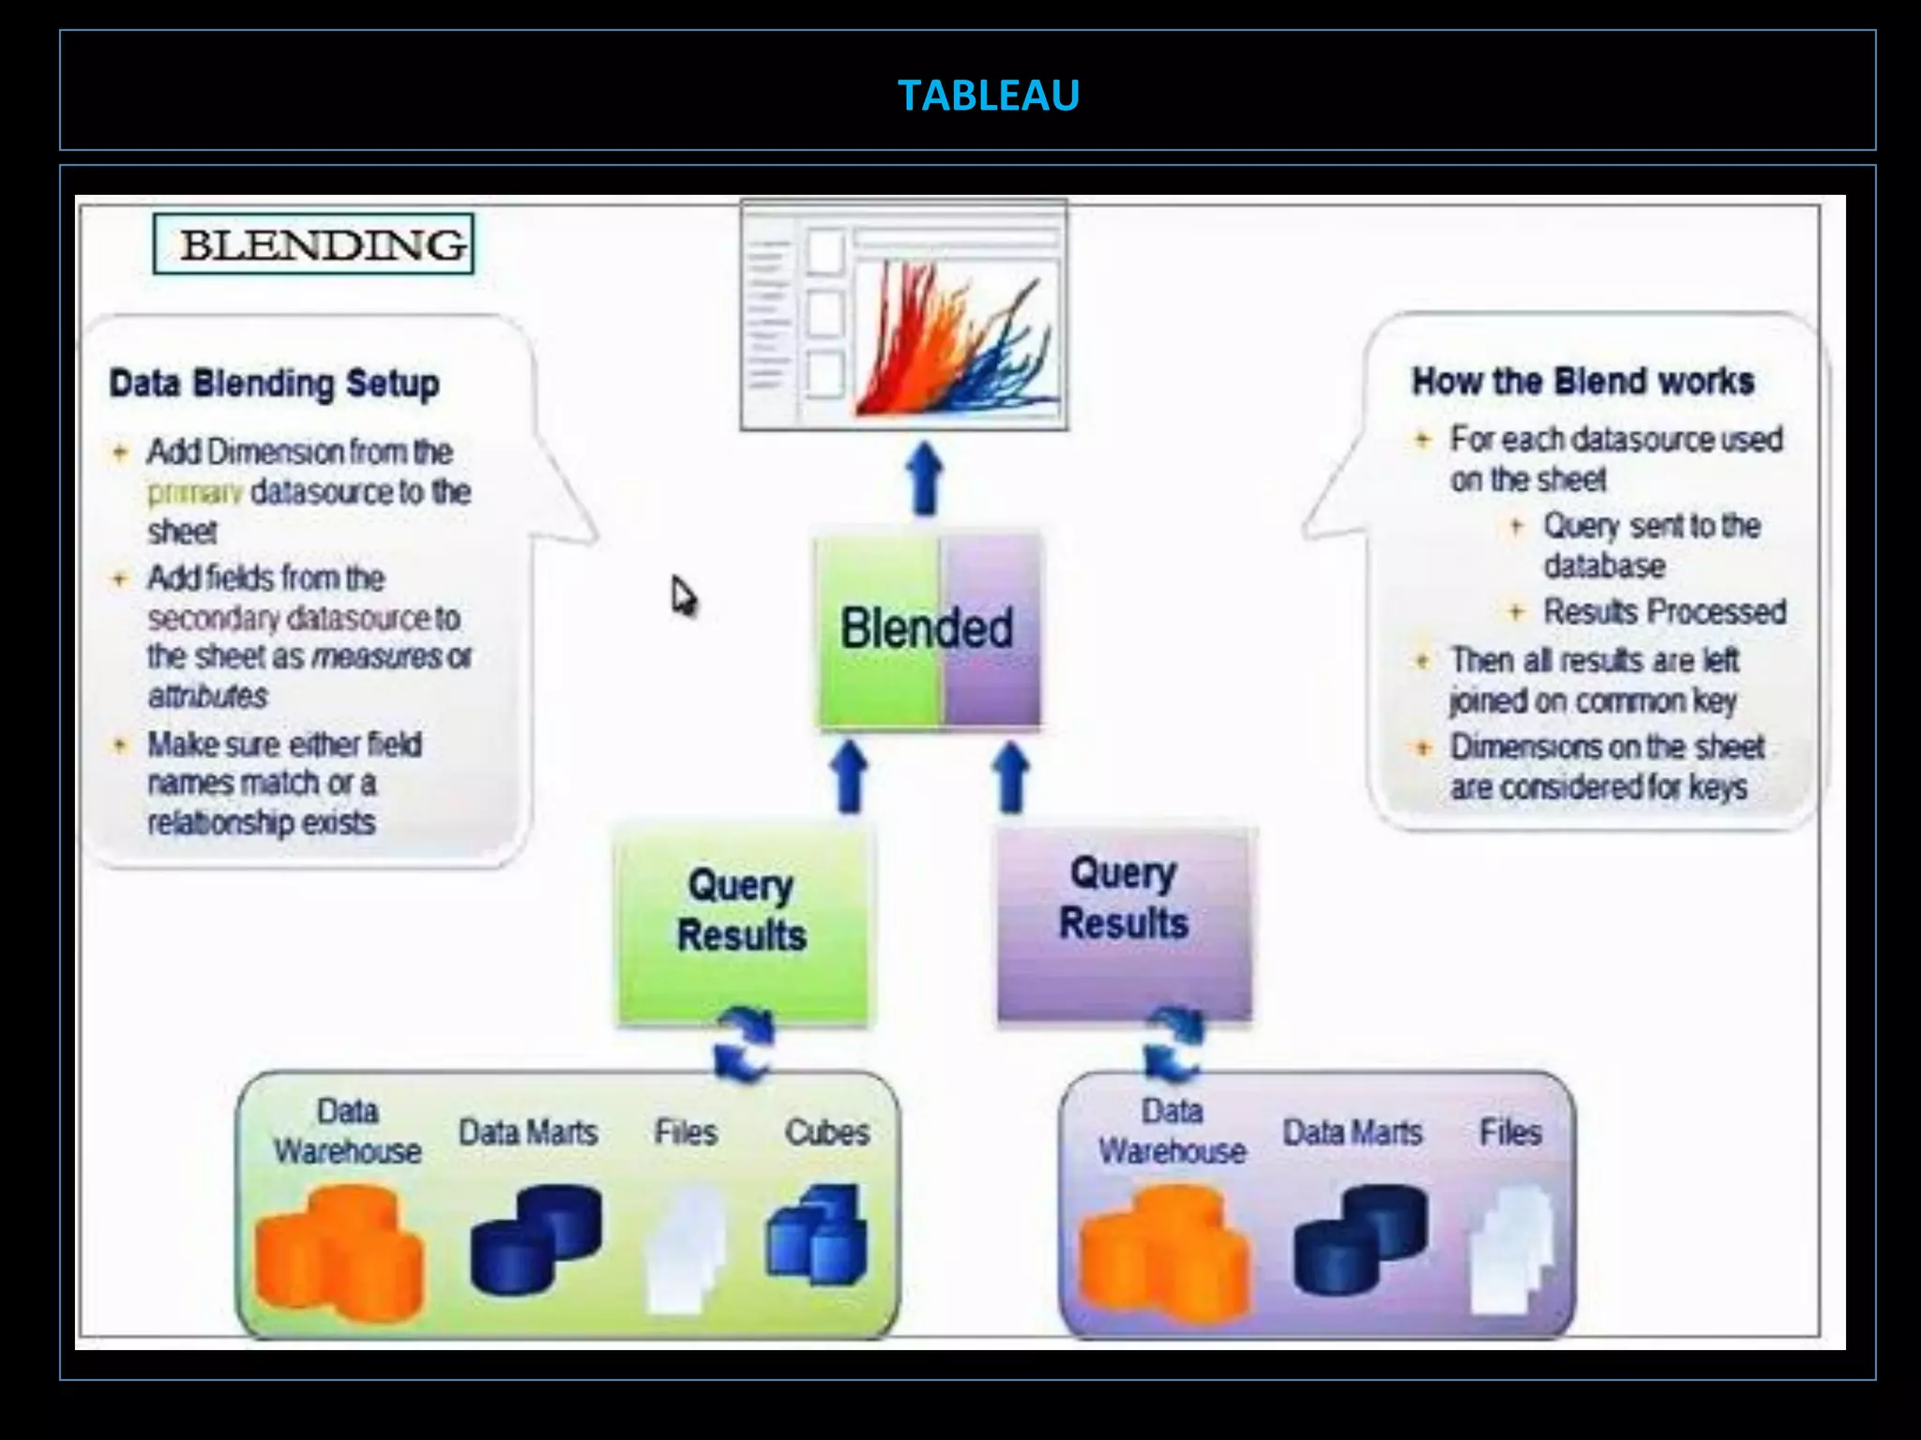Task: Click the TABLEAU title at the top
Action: tap(988, 95)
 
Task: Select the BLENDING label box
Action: tap(314, 245)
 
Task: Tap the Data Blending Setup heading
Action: tap(274, 383)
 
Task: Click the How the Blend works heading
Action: tap(1582, 382)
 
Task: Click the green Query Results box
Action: tap(742, 923)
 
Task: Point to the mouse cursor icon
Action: tap(684, 596)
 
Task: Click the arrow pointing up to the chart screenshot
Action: tap(926, 479)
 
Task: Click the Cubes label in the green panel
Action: tap(826, 1132)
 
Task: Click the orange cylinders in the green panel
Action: tap(340, 1252)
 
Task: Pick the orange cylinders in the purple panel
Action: tap(1163, 1252)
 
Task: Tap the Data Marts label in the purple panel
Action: tap(1352, 1132)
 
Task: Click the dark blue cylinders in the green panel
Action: tap(537, 1237)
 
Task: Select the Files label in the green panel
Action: tap(686, 1132)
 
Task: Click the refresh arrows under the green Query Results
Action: tap(744, 1044)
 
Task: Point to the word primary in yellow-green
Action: tap(194, 492)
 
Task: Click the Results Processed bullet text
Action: tap(1664, 612)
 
